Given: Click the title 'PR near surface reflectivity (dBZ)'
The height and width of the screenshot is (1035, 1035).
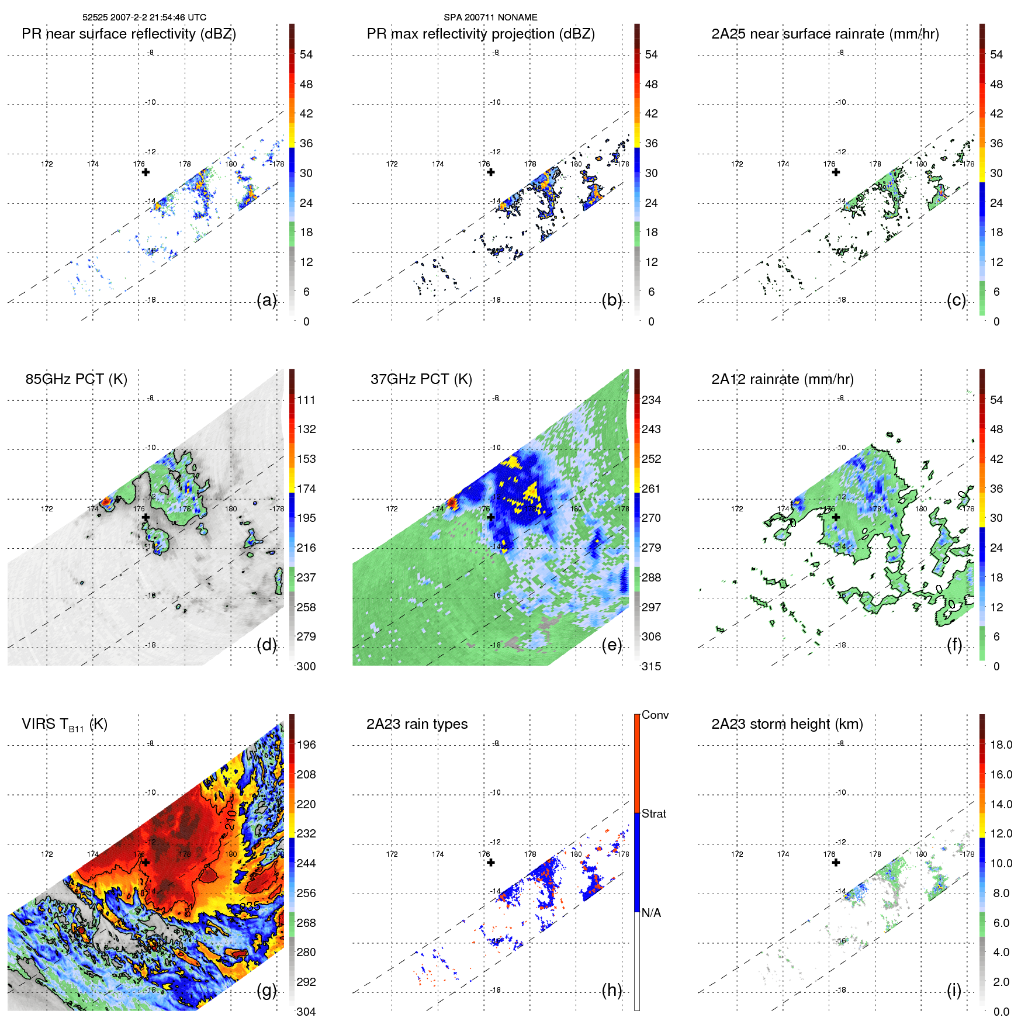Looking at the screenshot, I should [129, 34].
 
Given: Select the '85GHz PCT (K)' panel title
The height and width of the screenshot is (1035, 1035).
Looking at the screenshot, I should [76, 379].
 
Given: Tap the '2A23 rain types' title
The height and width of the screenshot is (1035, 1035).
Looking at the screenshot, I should [417, 724].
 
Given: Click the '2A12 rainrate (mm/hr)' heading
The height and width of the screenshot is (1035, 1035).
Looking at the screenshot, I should [782, 379].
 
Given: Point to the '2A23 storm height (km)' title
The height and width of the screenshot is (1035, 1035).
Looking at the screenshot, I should [787, 724].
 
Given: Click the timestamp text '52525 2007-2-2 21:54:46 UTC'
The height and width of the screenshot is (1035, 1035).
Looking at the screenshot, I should [144, 18].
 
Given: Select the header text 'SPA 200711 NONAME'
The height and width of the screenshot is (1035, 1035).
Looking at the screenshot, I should [490, 18].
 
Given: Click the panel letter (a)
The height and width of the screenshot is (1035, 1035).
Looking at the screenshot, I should [266, 300].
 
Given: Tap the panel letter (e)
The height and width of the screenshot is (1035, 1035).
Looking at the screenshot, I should [612, 645].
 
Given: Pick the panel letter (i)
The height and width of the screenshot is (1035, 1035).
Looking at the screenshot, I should [954, 990].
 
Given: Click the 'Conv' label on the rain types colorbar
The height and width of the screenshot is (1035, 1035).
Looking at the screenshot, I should [655, 715].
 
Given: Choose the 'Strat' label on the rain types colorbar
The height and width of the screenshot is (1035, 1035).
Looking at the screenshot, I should [653, 814].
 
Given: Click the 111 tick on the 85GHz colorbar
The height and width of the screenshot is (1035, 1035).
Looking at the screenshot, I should [306, 400].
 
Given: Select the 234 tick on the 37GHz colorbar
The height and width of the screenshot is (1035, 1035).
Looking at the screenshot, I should [651, 400].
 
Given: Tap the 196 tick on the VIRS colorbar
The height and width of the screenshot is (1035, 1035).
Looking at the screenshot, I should [306, 745].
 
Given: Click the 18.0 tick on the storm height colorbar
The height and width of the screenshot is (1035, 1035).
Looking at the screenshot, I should [1001, 745].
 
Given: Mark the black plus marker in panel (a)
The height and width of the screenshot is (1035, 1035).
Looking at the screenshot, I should [146, 172].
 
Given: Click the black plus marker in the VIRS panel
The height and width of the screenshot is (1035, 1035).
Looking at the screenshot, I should [146, 862].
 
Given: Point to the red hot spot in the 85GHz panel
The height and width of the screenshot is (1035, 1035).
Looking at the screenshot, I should [105, 501].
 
